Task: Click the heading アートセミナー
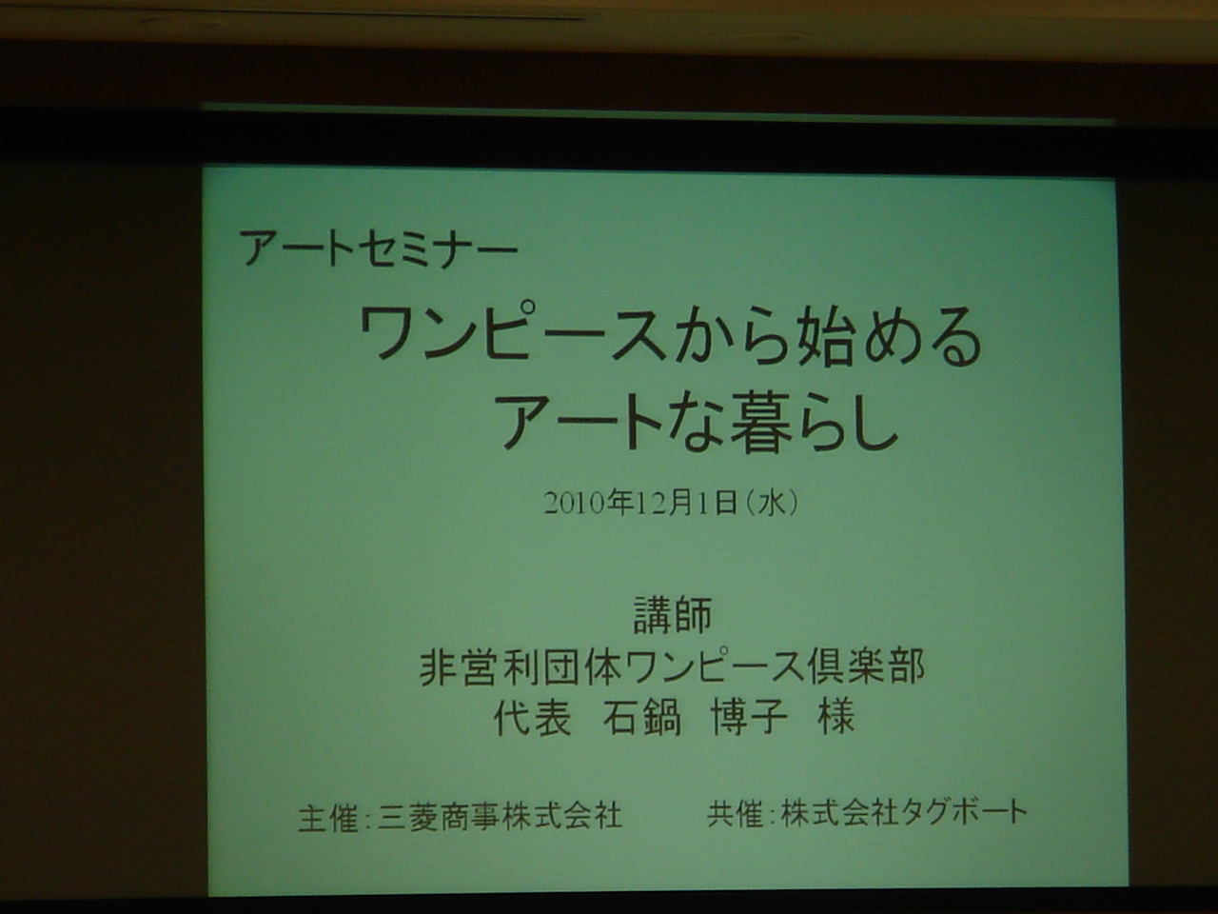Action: (379, 249)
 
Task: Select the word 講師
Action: (673, 615)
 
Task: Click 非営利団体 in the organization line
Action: (520, 667)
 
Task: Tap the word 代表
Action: (532, 718)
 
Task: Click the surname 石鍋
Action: (642, 718)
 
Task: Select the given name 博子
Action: (749, 718)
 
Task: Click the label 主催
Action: (327, 818)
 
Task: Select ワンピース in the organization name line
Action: (713, 667)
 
